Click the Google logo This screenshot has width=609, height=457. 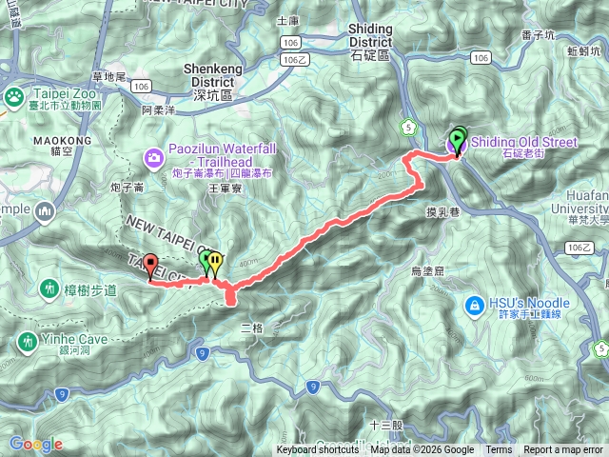(x=36, y=444)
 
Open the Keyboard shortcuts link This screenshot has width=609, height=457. (x=318, y=450)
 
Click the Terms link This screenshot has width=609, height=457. (x=498, y=450)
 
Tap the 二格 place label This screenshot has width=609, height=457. (x=251, y=328)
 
